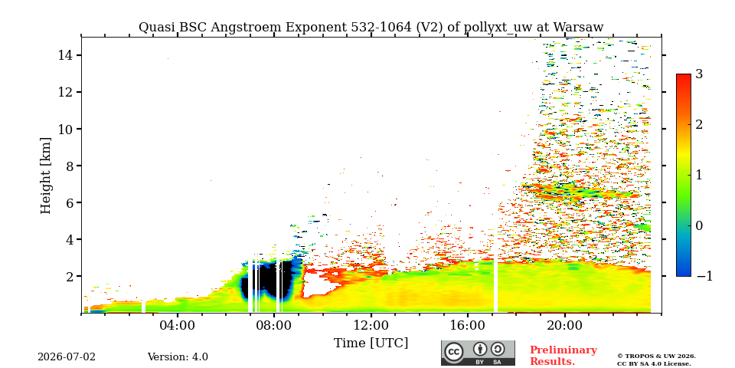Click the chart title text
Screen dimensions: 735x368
tap(371, 28)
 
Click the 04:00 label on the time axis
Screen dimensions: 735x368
tap(178, 325)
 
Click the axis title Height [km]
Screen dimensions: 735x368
tap(45, 176)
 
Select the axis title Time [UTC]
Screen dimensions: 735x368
tap(371, 343)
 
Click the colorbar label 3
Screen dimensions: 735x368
tap(699, 74)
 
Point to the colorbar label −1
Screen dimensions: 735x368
tap(704, 276)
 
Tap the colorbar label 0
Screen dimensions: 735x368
tap(699, 225)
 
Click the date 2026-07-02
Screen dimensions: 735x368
tap(67, 357)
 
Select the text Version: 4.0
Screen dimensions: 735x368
tap(178, 357)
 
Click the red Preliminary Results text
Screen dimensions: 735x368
tap(563, 356)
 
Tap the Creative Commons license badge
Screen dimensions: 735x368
tap(478, 353)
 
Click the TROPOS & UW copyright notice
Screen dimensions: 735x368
tap(656, 360)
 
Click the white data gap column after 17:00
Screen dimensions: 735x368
tap(495, 285)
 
